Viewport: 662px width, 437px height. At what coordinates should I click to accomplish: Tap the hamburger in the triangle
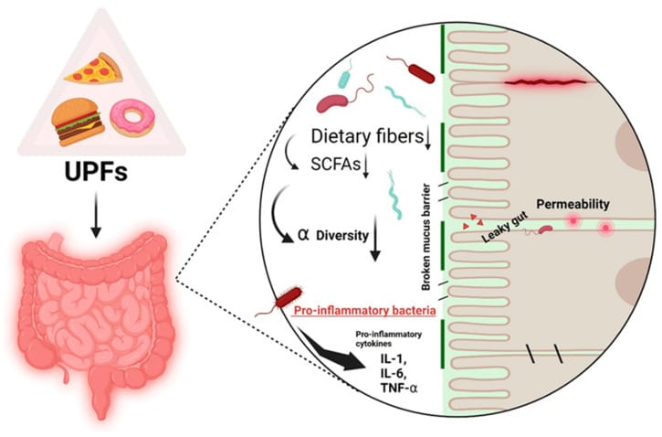pos(77,122)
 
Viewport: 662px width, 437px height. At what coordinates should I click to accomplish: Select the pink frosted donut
pos(131,118)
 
